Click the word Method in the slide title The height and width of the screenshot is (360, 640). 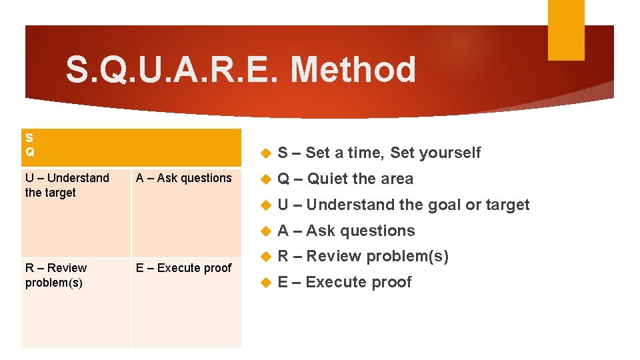click(353, 70)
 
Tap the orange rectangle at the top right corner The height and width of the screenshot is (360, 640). click(565, 30)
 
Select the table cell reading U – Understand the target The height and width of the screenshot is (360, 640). click(67, 185)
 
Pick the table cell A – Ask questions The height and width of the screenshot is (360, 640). click(183, 178)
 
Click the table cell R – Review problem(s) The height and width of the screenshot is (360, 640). click(56, 275)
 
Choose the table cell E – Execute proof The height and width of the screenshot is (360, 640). click(183, 268)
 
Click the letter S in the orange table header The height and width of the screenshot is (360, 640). click(29, 138)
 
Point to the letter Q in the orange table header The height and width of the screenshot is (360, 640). click(30, 151)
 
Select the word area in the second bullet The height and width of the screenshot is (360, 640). click(397, 179)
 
